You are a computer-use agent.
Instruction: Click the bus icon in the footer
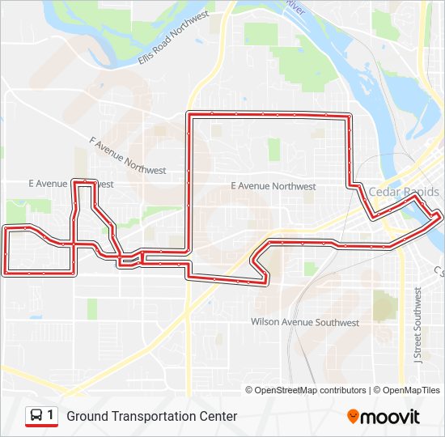(37, 416)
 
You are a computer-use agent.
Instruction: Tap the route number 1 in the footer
(51, 416)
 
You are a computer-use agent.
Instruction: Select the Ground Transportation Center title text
(152, 416)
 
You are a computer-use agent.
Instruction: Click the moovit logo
(384, 416)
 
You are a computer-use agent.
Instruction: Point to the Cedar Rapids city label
(404, 192)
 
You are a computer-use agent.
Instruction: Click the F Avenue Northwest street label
(128, 155)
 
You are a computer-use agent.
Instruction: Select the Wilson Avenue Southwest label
(305, 322)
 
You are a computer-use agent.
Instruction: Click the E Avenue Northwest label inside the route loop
(273, 186)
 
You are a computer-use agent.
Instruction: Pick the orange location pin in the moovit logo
(353, 416)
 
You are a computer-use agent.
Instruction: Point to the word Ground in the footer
(85, 416)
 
